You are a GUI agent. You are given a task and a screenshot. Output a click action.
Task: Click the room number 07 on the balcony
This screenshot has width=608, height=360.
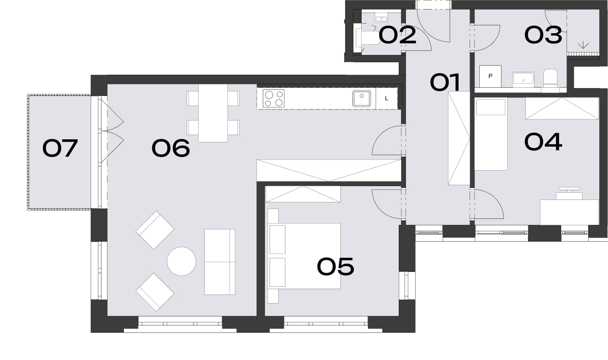point(60,148)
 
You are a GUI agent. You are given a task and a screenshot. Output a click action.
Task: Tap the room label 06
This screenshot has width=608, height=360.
point(171,148)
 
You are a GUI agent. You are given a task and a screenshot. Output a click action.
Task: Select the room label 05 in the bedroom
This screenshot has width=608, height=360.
point(336,267)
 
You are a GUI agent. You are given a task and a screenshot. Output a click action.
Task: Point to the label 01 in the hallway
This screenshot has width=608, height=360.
point(445,82)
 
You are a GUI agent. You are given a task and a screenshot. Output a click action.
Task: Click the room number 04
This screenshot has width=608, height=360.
point(543,142)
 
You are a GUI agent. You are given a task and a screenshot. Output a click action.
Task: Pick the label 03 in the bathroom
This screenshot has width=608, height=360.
point(543,35)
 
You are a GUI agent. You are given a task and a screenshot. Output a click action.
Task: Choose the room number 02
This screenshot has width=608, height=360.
point(397,35)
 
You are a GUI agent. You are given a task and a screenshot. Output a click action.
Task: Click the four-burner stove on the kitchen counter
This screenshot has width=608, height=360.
point(273,98)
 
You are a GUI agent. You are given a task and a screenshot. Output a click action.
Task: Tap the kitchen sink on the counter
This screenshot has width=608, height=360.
point(362,98)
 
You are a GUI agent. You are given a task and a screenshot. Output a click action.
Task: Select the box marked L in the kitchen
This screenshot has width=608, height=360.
point(387,98)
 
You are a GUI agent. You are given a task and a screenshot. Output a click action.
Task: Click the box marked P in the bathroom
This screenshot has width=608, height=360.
point(490,76)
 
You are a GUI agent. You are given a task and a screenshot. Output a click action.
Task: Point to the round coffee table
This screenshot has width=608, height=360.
point(181,261)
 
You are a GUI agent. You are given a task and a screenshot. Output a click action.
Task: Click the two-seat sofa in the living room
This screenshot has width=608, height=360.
point(219,262)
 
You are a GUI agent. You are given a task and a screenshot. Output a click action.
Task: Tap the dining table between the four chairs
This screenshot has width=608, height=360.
point(213,113)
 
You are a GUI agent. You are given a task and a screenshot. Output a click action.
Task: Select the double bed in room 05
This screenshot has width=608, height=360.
point(304,256)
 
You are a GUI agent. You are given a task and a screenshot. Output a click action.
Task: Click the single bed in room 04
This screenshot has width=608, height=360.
point(491,134)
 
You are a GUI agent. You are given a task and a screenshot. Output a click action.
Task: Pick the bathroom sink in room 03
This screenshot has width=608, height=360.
point(523,80)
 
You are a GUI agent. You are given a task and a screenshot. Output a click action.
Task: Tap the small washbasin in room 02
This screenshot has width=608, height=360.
point(381,18)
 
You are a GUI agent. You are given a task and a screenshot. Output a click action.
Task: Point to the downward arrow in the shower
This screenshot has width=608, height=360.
point(583,45)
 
